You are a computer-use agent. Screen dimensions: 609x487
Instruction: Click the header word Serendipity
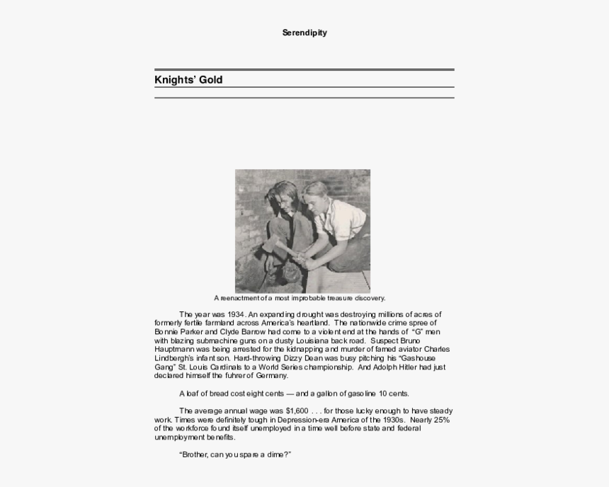click(x=304, y=33)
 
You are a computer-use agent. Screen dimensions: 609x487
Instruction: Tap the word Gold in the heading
click(x=210, y=80)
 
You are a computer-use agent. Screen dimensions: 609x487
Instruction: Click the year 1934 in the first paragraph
click(x=237, y=314)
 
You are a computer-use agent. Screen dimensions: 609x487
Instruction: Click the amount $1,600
click(x=297, y=411)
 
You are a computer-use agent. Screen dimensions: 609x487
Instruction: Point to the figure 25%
click(x=439, y=420)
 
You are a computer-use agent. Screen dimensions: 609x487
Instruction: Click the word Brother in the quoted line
click(x=198, y=454)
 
